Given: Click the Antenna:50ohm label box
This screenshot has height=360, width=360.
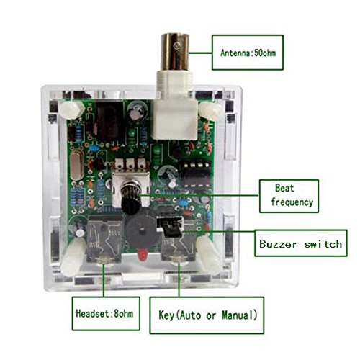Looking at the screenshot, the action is click(248, 53).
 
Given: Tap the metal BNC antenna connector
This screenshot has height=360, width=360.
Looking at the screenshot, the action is click(175, 52).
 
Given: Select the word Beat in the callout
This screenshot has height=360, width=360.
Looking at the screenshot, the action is click(284, 188).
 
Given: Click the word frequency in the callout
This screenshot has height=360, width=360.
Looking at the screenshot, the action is click(292, 202).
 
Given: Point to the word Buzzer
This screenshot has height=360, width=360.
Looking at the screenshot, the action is click(279, 244).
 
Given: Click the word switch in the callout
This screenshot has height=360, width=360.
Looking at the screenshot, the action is click(323, 244).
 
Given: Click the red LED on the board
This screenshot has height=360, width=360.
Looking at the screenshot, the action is click(143, 255).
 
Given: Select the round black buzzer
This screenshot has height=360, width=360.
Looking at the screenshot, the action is click(142, 231).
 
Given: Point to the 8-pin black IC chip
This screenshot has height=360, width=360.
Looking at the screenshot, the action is click(196, 174).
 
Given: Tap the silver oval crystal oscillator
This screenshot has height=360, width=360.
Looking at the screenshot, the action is click(77, 166).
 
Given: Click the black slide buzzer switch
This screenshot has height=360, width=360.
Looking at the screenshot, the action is click(171, 227).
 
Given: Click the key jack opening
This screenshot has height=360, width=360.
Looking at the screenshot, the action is click(178, 260).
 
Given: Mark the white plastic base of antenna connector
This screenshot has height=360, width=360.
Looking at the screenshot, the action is click(175, 105).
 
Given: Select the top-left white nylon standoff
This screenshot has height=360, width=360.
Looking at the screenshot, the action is click(72, 109).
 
